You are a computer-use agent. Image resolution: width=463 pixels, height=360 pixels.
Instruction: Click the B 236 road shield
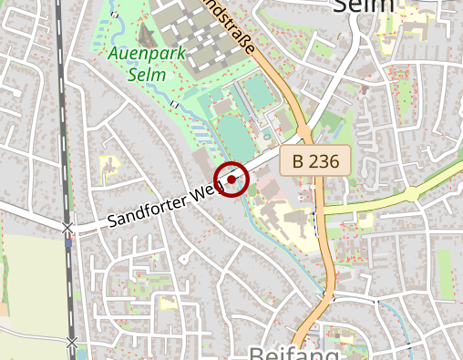coord(315,162)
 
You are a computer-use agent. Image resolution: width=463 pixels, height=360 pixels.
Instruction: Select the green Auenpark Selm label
coord(146,63)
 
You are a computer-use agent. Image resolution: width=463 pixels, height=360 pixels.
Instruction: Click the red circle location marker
coord(231,180)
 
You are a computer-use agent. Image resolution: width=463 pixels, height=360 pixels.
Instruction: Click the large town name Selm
coord(365,7)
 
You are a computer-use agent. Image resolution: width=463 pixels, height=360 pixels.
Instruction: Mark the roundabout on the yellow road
coord(412,193)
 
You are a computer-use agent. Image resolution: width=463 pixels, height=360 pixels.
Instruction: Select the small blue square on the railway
coord(68,242)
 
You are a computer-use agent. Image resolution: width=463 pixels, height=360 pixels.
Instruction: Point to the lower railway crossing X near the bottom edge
coord(71,342)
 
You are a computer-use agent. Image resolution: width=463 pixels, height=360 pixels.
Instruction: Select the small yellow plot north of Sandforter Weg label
coord(109,166)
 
